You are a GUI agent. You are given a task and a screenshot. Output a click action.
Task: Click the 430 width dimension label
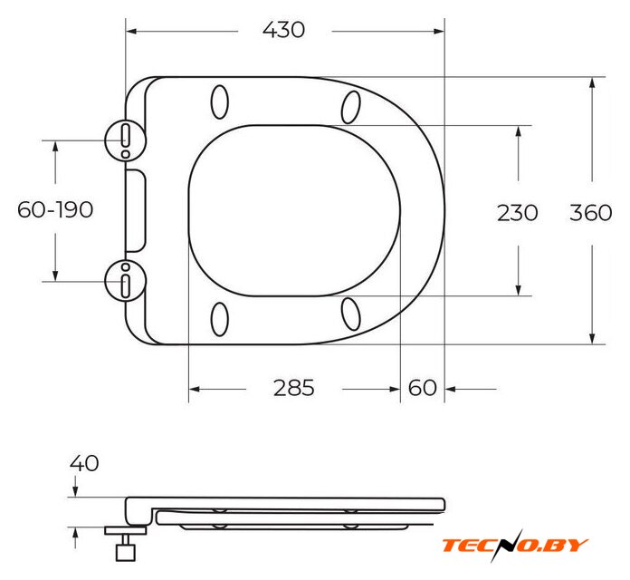pos(283,30)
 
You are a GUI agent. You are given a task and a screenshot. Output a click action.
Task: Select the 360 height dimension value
pos(590,212)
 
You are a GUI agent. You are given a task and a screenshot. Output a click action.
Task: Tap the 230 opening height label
pos(518,212)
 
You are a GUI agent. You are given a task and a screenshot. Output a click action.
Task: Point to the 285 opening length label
pos(293,388)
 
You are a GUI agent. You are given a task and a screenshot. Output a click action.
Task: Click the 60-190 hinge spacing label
pos(55,209)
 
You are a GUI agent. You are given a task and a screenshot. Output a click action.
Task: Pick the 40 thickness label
pos(84,463)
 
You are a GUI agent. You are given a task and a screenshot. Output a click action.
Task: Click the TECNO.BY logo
pos(515,546)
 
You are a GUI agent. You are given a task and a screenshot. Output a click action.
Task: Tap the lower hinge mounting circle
pos(125,260)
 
